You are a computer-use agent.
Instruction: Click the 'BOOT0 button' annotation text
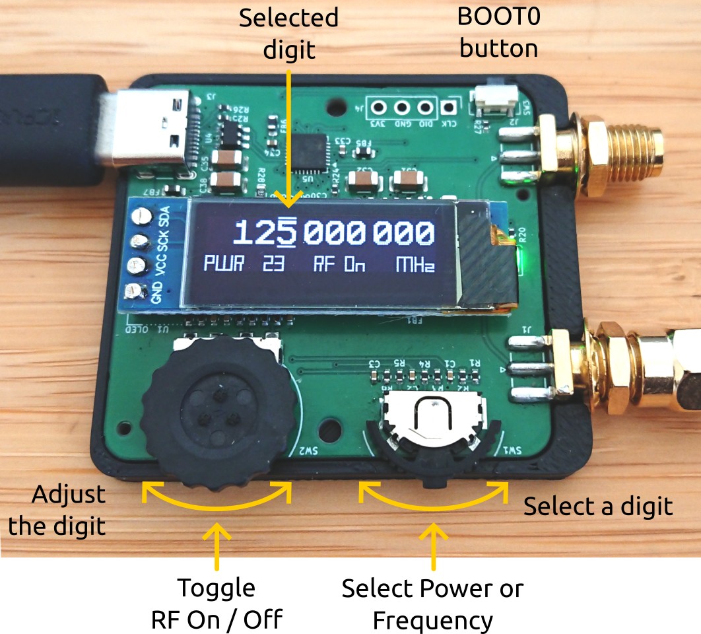tap(499, 32)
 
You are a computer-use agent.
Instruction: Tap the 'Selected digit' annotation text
tap(288, 33)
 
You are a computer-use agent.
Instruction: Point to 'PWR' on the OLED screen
tap(223, 265)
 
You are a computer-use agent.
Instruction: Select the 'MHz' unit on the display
tap(415, 265)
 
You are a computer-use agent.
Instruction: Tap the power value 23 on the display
tap(273, 265)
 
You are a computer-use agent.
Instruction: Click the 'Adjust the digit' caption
tap(69, 510)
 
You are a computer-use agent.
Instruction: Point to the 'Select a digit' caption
tap(598, 507)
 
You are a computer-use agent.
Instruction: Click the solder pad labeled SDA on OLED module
tap(141, 215)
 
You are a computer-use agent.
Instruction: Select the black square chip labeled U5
tap(311, 151)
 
